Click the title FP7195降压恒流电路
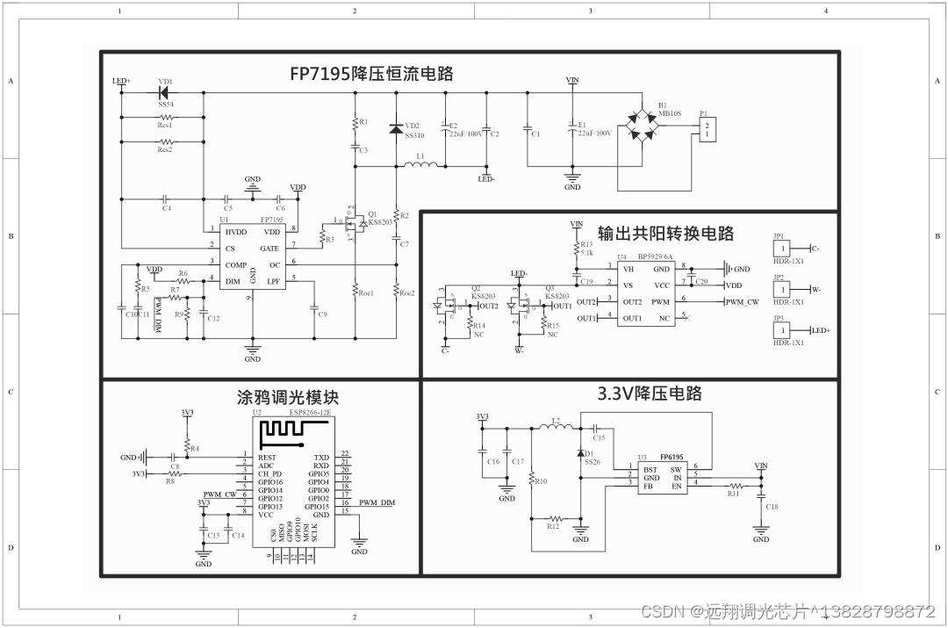tap(371, 73)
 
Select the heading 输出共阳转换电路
tap(665, 233)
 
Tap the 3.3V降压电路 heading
tap(650, 393)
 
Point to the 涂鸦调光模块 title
tap(288, 397)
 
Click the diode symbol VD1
tap(163, 90)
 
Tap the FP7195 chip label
tap(272, 220)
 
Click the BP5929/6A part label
tap(655, 257)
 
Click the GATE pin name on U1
tap(270, 249)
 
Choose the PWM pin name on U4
tap(661, 301)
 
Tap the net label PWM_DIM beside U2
tap(377, 502)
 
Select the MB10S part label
tap(670, 113)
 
